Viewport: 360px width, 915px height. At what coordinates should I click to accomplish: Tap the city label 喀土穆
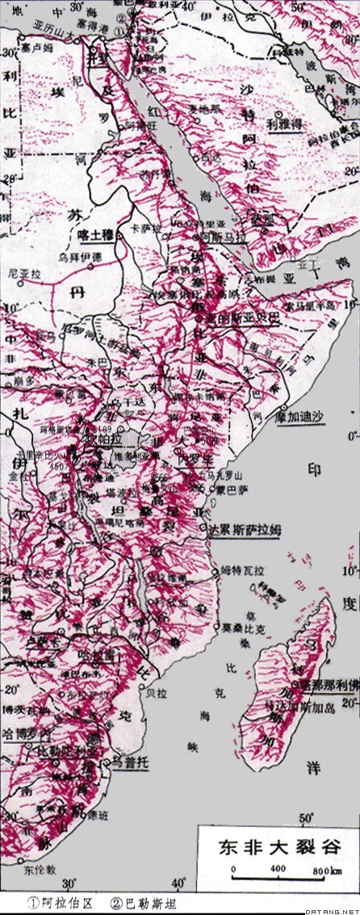[98, 234]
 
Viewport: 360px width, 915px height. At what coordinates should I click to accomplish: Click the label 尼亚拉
[23, 274]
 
